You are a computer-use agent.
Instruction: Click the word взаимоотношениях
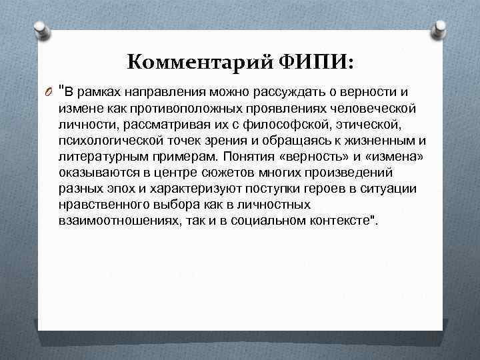(x=116, y=221)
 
